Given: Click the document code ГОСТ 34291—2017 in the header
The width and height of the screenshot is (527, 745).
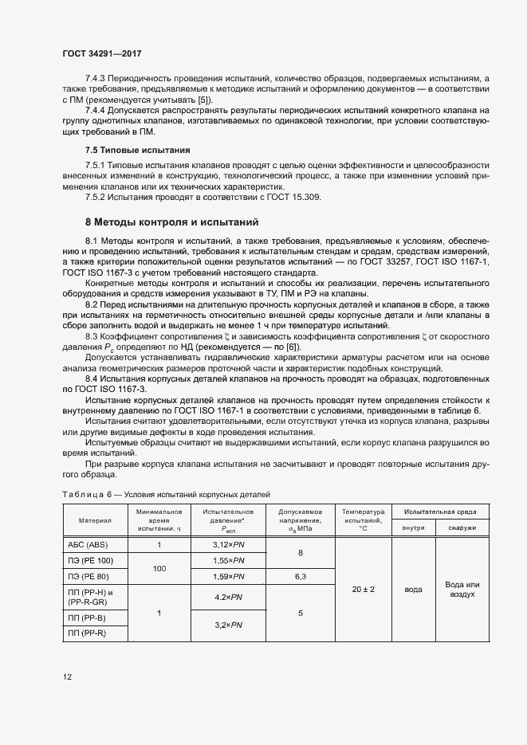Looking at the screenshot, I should [102, 53].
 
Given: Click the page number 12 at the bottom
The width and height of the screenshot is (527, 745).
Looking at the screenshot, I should [68, 677].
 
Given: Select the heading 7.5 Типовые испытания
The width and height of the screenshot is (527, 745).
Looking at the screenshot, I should [137, 149].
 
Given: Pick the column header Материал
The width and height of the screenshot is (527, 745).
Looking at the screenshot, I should [95, 520].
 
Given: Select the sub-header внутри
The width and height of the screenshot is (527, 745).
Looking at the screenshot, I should [413, 527].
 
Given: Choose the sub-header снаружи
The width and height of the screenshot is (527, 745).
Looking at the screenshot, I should [462, 527].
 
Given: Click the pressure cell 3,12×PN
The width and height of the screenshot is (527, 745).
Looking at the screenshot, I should [228, 545].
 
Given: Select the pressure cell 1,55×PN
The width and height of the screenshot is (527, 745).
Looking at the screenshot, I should [228, 560].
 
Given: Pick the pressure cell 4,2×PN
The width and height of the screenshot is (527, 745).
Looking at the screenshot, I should [228, 596].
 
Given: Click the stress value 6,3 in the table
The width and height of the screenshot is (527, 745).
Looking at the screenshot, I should [300, 575].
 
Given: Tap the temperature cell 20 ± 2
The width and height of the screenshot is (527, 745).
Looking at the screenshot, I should [363, 589].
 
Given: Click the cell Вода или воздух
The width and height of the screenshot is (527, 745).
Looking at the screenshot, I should [462, 589].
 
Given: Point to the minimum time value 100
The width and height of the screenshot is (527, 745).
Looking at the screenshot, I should [159, 568].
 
